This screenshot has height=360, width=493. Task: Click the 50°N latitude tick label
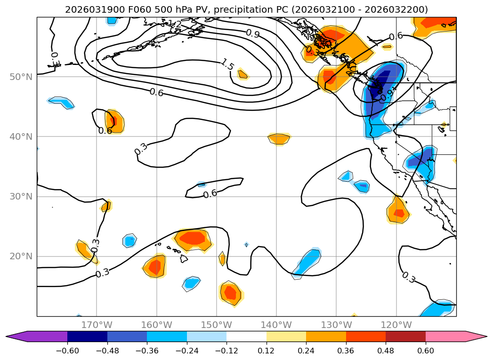[x=21, y=77]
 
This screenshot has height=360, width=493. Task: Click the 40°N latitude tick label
[x=21, y=136]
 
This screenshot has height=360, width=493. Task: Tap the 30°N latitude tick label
[x=21, y=197]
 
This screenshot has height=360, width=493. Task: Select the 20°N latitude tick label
[x=21, y=256]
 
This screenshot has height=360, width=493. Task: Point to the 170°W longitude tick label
[x=97, y=325]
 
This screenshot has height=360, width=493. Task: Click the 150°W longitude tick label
[x=217, y=325]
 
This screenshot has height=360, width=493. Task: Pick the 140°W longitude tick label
[x=276, y=325]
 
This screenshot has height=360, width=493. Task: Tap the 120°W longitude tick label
[x=396, y=325]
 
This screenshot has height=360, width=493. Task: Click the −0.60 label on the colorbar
[x=67, y=351]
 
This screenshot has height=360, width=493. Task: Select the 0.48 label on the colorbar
[x=386, y=351]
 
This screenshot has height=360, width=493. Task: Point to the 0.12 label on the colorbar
[x=266, y=351]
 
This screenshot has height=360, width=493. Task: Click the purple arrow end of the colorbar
[x=19, y=336]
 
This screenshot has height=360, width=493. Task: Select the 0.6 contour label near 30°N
[x=210, y=193]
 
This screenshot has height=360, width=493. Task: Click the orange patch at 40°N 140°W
[x=279, y=138]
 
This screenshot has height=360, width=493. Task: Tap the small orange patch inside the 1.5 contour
[x=242, y=74]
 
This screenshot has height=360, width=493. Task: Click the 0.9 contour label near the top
[x=252, y=33]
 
